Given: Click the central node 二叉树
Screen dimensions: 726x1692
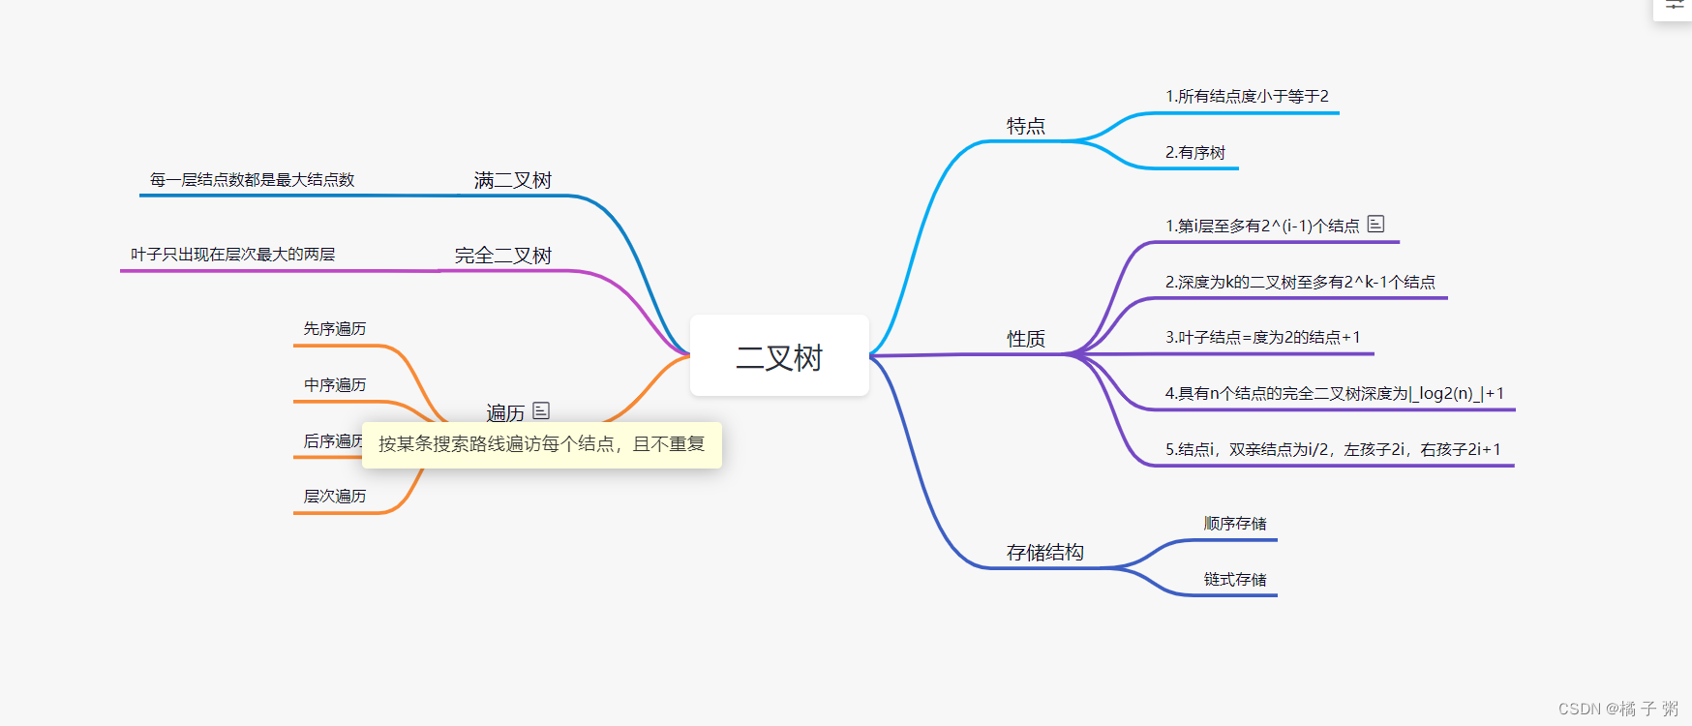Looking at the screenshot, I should coord(779,356).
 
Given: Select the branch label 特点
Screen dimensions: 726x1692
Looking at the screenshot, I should coord(1025,126).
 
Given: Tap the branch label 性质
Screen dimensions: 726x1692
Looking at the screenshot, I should coord(1025,339).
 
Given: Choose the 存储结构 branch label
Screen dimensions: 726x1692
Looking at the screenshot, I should coord(1044,552).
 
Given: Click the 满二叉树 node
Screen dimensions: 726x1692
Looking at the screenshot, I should coord(512,180).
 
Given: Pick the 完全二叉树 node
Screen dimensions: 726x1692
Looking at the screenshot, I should coord(502,256).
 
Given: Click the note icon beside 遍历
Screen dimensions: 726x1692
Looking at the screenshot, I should coord(541,410).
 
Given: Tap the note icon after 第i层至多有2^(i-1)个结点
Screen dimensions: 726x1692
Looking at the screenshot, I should coord(1375,224).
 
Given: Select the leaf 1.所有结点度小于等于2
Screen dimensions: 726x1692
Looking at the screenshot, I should coord(1247,96).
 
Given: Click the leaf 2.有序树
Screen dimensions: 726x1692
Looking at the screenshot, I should coord(1194,152).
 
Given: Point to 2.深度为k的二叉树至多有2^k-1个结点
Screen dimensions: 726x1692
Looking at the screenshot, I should coord(1299,282).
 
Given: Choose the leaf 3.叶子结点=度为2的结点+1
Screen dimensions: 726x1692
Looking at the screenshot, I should coord(1262,337).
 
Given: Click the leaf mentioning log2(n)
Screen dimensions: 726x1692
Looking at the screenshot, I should coord(1334,393).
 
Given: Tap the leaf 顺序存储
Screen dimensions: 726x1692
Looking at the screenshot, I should coord(1234,523).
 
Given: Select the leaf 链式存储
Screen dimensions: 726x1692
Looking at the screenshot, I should coord(1234,579).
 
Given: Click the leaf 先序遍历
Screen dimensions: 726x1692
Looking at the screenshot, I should coord(334,328).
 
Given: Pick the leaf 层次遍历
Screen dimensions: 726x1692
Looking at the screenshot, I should coord(334,496).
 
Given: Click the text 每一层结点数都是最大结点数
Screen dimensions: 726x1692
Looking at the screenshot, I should coord(252,179).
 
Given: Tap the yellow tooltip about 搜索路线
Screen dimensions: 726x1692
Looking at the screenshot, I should coord(541,444).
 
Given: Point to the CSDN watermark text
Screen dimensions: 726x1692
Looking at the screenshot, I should coord(1617,709).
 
